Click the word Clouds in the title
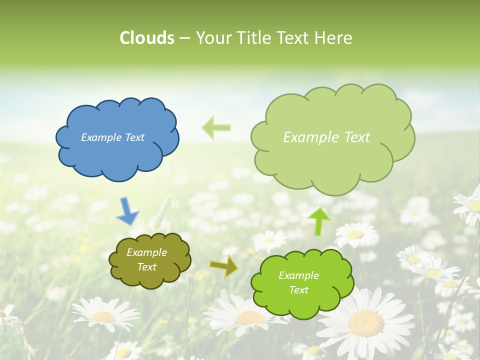point(147,38)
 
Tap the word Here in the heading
point(334,38)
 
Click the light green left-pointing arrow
point(216,127)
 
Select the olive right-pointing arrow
point(224,266)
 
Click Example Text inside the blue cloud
point(112,137)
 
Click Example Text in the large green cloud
point(326,137)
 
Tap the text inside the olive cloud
point(146,260)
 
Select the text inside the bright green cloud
point(298,282)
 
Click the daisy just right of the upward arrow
point(355,234)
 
